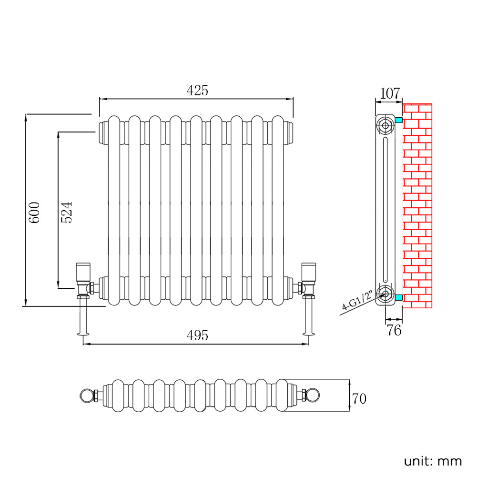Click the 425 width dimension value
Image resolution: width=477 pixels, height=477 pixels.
point(197,91)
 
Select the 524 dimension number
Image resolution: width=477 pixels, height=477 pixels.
point(67,212)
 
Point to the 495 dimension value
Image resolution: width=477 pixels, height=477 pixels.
point(197,335)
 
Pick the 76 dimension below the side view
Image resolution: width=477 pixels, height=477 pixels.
point(394,330)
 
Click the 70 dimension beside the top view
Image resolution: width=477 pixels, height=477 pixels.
point(359,398)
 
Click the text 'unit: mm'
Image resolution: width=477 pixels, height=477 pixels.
point(433,461)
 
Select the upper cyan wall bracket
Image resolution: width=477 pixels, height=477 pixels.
point(398,120)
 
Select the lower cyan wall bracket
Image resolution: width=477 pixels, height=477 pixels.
point(398,298)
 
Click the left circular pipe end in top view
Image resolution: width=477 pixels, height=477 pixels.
point(86,395)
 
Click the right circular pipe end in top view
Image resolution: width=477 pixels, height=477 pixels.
point(312,395)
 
